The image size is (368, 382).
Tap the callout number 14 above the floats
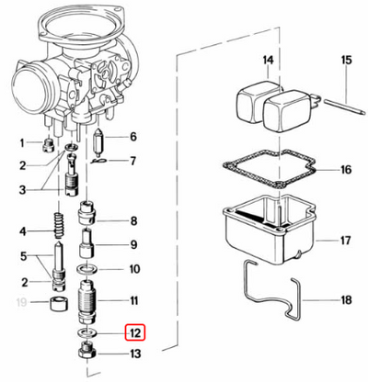(267, 62)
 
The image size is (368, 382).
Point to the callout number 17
(346, 242)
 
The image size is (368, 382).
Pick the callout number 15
(346, 62)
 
